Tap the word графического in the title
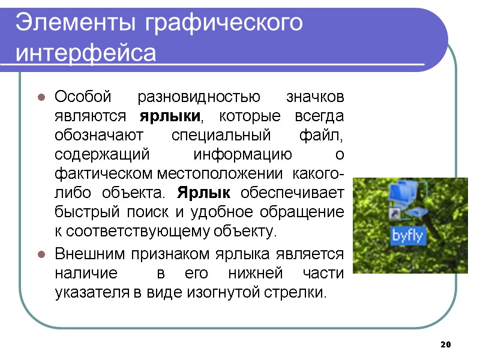click(x=223, y=23)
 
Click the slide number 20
click(x=445, y=345)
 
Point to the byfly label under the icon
click(x=408, y=236)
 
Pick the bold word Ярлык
click(x=204, y=194)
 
